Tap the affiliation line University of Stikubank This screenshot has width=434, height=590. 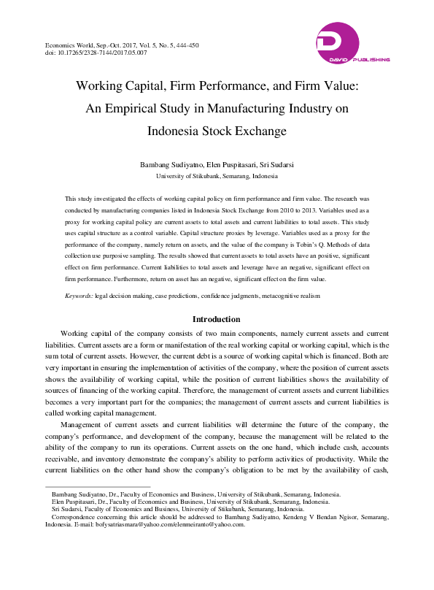tap(217, 177)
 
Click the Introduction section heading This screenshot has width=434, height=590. tap(216, 319)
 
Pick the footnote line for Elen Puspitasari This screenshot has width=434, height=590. tap(190, 502)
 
